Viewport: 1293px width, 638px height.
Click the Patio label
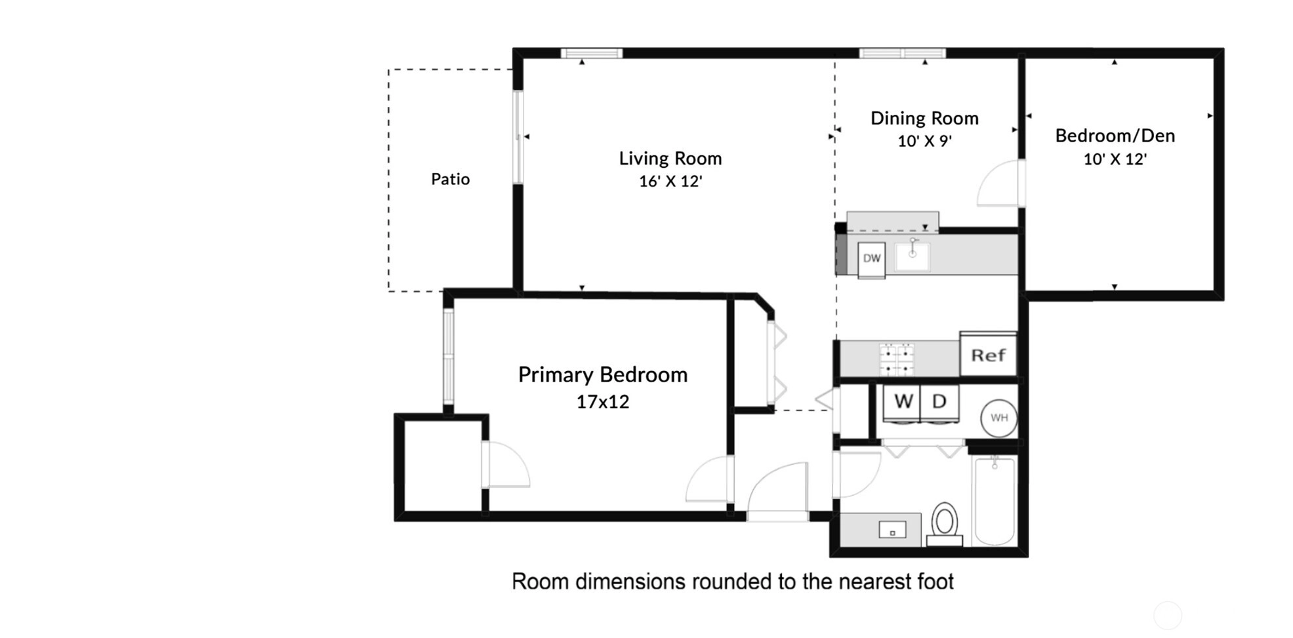click(x=450, y=179)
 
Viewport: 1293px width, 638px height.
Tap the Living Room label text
click(x=670, y=158)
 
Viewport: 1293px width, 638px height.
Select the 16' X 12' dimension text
click(x=670, y=181)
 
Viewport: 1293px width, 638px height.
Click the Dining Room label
click(x=924, y=118)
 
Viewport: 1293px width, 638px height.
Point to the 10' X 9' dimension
click(x=924, y=141)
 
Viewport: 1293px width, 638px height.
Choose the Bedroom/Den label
click(x=1115, y=136)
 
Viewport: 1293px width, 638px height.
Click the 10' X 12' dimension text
click(x=1115, y=159)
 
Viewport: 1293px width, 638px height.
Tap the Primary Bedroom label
click(x=603, y=374)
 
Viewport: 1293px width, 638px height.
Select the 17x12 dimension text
click(x=603, y=401)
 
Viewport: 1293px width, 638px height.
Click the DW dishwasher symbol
click(x=872, y=258)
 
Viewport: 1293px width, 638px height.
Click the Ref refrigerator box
click(x=989, y=355)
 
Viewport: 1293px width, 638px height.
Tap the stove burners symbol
click(x=897, y=359)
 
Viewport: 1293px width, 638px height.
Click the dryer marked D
click(x=939, y=403)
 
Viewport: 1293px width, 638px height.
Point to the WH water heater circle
click(x=999, y=418)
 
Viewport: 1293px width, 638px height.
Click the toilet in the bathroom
click(x=945, y=525)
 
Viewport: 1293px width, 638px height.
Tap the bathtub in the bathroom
click(x=995, y=502)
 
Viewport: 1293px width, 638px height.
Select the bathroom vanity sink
click(x=892, y=530)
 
